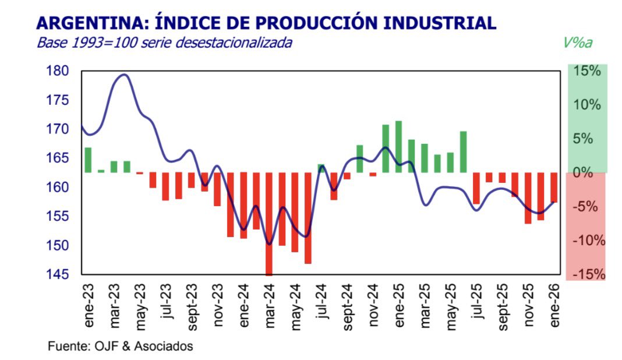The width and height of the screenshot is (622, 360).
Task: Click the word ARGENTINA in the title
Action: (87, 23)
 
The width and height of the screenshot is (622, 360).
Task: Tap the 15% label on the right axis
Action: (587, 72)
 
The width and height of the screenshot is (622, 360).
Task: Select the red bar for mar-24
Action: (269, 224)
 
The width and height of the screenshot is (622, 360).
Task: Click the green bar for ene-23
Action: (88, 160)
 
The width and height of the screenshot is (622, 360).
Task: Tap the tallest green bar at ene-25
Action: (398, 147)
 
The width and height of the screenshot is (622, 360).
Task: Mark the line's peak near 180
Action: (124, 75)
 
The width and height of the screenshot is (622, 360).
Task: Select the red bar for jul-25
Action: (476, 188)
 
